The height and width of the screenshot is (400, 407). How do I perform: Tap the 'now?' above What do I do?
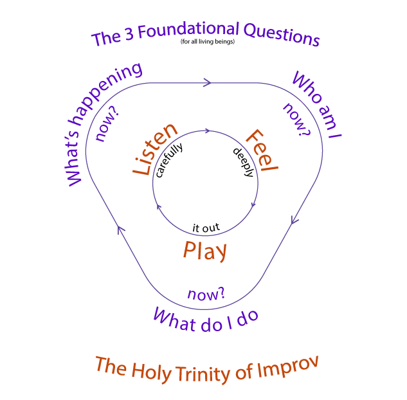tap(206, 295)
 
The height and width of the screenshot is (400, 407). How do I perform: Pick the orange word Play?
tap(205, 251)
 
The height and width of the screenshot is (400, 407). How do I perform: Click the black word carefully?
tap(169, 161)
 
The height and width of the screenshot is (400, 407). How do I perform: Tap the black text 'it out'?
tap(206, 228)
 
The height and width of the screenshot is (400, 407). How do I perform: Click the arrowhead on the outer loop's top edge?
tap(207, 82)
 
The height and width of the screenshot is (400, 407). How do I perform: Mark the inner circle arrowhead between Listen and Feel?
tap(206, 131)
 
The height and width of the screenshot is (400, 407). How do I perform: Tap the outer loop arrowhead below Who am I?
tap(294, 219)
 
